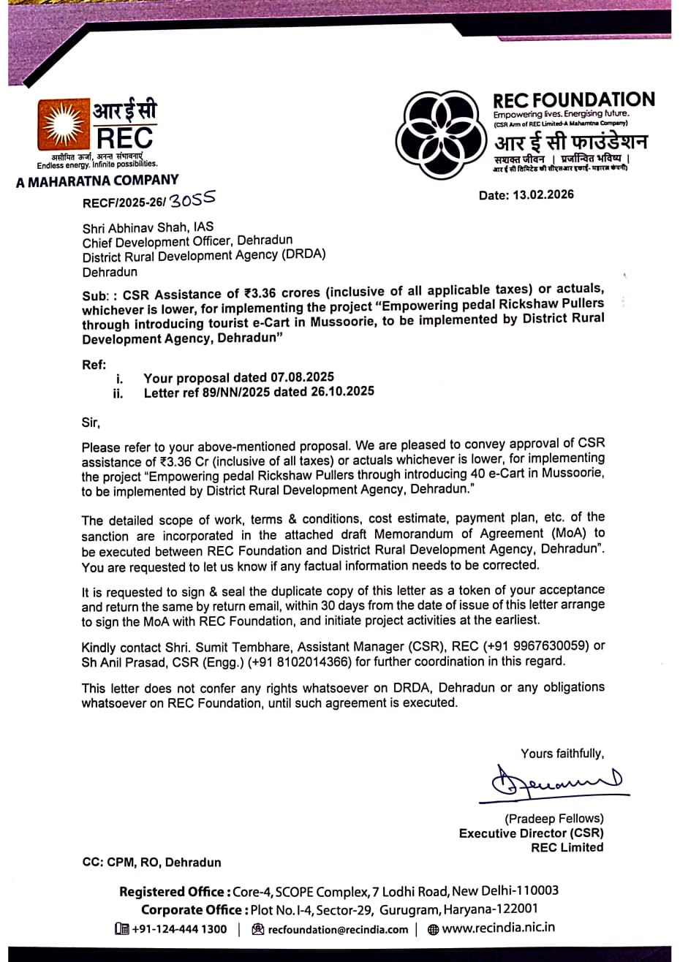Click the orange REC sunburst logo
pyautogui.click(x=64, y=125)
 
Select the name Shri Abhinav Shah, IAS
pyautogui.click(x=148, y=227)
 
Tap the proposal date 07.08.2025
pyautogui.click(x=302, y=377)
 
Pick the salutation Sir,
pyautogui.click(x=91, y=422)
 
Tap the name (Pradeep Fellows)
pyautogui.click(x=554, y=819)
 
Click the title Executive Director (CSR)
pyautogui.click(x=531, y=833)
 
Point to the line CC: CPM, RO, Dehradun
pyautogui.click(x=151, y=862)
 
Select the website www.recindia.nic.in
pyautogui.click(x=498, y=928)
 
